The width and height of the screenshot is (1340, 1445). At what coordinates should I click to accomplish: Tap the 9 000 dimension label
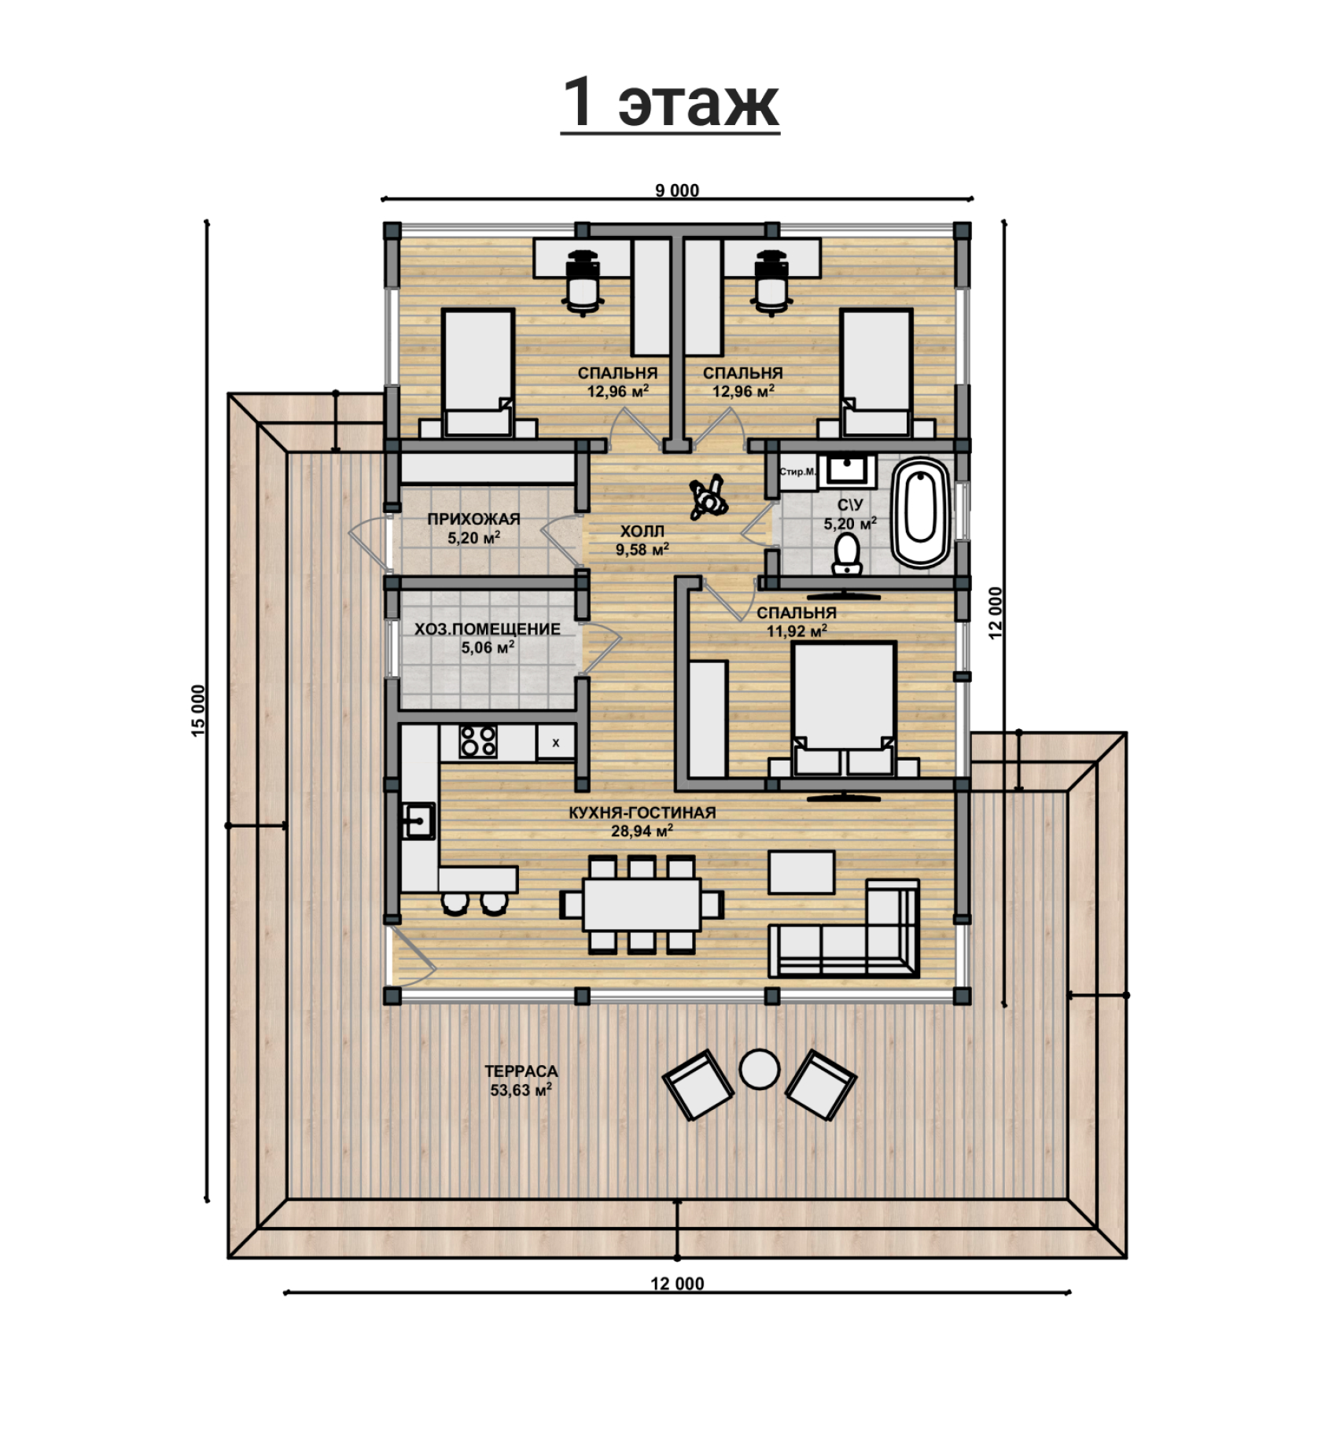coord(677,190)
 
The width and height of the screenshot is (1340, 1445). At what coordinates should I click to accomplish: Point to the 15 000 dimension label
coord(198,710)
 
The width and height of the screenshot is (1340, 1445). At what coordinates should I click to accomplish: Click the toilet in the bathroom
coord(847,554)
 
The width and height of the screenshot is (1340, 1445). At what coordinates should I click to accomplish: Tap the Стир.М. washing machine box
coord(797,472)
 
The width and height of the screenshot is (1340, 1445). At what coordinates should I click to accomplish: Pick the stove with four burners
coord(478,741)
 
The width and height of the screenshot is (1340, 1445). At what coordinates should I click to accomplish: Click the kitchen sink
coord(419,821)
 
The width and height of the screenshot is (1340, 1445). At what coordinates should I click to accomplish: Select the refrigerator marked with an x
coord(556,743)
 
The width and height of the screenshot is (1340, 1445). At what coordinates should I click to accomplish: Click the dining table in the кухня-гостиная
coord(642,905)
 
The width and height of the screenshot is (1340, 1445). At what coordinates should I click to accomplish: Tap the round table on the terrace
coord(760,1069)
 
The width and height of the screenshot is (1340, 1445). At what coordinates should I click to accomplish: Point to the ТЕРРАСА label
coord(521,1071)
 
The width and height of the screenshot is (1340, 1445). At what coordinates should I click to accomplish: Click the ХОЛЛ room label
coord(642,531)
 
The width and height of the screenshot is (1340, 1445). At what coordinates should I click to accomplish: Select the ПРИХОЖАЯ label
coord(473,519)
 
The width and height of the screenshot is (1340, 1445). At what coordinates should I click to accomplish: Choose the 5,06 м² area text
coord(488,647)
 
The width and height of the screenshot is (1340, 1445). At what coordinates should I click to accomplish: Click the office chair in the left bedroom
coord(582,283)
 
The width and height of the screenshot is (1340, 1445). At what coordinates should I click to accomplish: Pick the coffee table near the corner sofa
coord(801,872)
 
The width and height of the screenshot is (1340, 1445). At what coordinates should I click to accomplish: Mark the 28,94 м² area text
coord(642,831)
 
